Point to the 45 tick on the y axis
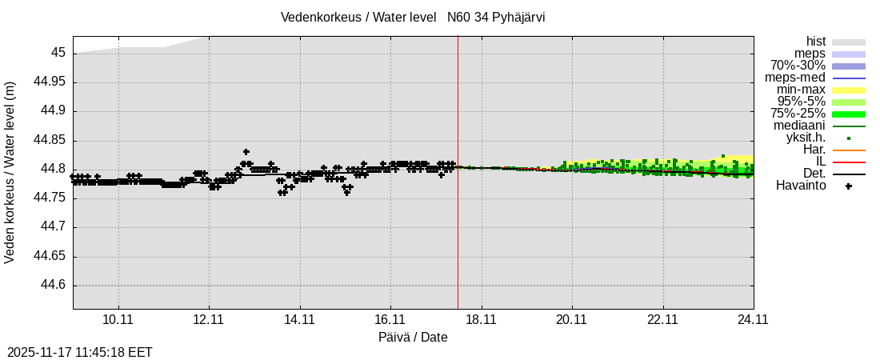point(58,54)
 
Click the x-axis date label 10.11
point(118,318)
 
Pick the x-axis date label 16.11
point(390,318)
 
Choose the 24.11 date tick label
point(753,318)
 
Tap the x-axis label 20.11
point(571,318)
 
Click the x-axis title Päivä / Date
point(413,338)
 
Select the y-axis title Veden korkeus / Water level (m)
point(10,172)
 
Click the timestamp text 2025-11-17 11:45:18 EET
point(80,352)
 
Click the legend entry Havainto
point(801,186)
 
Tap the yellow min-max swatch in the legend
point(849,90)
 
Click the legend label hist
point(816,42)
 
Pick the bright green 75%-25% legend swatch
point(849,114)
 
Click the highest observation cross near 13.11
point(246,152)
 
